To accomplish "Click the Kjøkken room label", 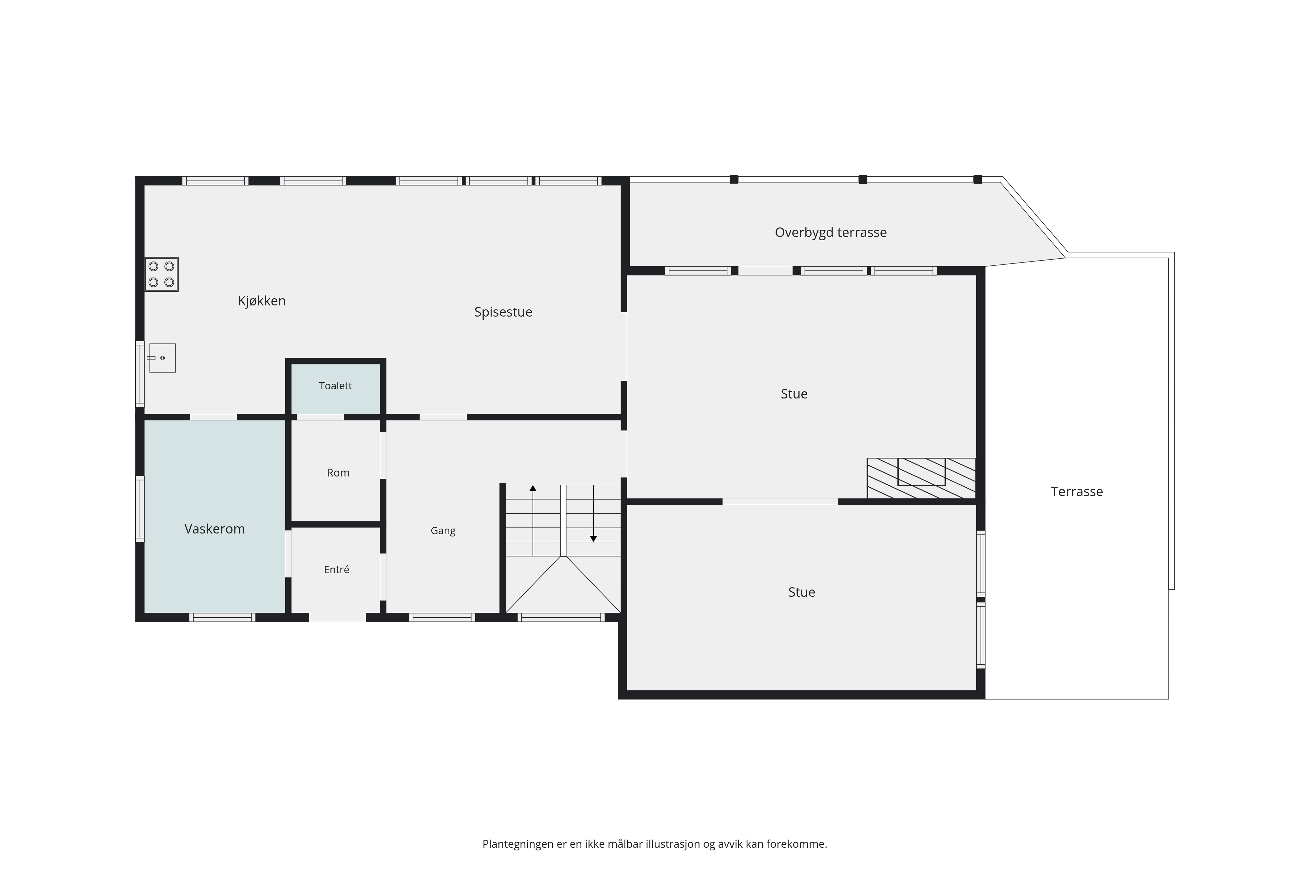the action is click(262, 301).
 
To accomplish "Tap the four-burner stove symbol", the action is click(161, 274).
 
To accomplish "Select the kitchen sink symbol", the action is click(161, 358).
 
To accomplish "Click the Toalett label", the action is click(335, 386).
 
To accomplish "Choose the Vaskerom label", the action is click(215, 529).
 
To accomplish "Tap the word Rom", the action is click(338, 473).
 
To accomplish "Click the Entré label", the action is click(336, 569).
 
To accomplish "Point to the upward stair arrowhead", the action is click(533, 488).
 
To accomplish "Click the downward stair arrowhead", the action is click(594, 539).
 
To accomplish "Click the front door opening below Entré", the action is click(338, 618).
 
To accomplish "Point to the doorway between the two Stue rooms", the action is click(780, 502).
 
